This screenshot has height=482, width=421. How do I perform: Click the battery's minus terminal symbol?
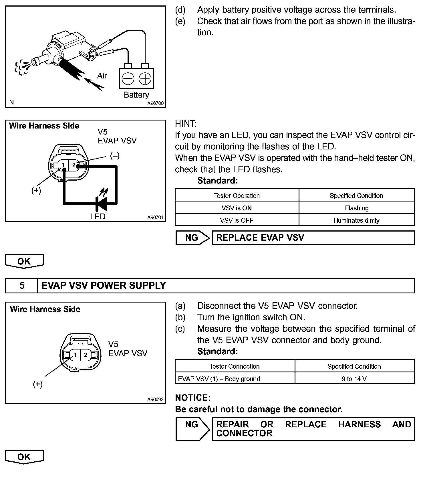(x=128, y=78)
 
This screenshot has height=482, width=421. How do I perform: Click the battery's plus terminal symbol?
(x=145, y=78)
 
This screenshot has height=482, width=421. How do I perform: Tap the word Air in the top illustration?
(x=102, y=76)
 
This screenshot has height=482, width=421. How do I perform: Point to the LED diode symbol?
(x=102, y=203)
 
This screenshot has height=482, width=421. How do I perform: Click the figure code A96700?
(x=155, y=103)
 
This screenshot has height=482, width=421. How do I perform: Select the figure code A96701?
(x=155, y=218)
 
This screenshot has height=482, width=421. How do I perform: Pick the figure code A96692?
(x=155, y=399)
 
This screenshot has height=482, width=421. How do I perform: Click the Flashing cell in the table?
(x=357, y=208)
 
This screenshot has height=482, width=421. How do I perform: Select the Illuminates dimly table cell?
(x=357, y=220)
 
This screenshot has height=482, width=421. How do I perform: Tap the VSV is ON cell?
(x=237, y=208)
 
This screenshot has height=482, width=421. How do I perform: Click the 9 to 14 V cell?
(x=354, y=379)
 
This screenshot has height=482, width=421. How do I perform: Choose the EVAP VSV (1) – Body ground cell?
(x=219, y=379)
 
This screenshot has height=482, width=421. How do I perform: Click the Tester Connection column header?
(x=235, y=366)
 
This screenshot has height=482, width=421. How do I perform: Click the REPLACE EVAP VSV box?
(x=313, y=238)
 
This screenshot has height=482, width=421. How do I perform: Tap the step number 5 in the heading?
(x=22, y=286)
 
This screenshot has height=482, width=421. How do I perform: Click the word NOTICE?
(x=193, y=398)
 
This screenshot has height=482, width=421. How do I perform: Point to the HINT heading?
(x=186, y=124)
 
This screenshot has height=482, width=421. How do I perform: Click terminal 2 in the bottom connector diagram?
(x=86, y=355)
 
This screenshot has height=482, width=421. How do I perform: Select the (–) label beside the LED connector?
(x=115, y=156)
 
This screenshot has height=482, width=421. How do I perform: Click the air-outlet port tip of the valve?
(x=34, y=62)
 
